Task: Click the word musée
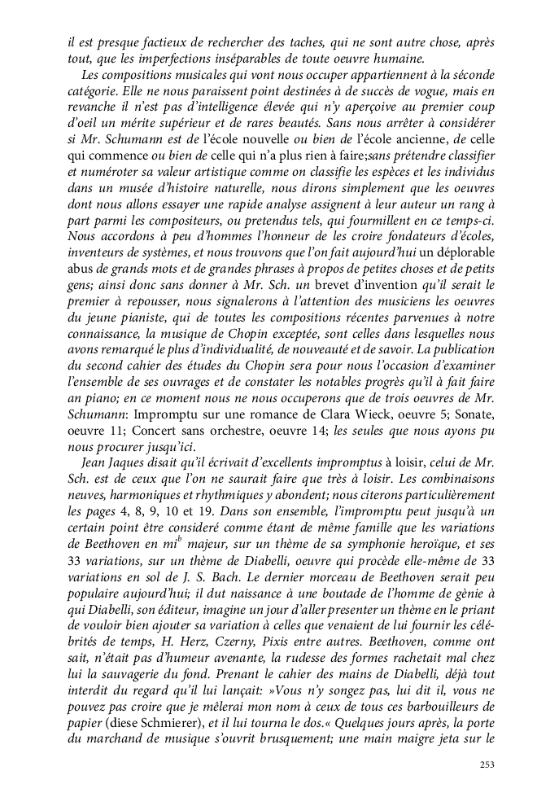pos(119,197)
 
